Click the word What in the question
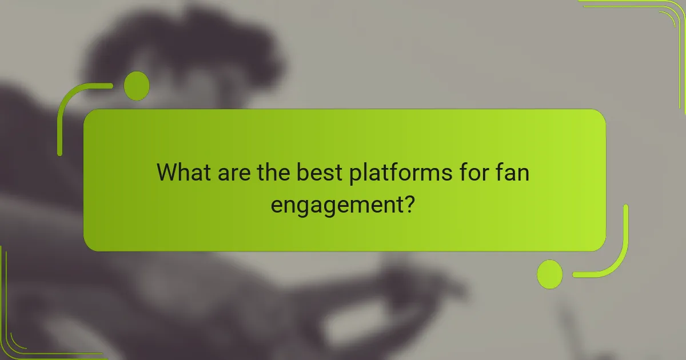(185, 172)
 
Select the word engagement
(335, 204)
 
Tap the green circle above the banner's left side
(137, 86)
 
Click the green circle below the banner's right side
(549, 274)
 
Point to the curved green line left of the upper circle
(69, 109)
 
